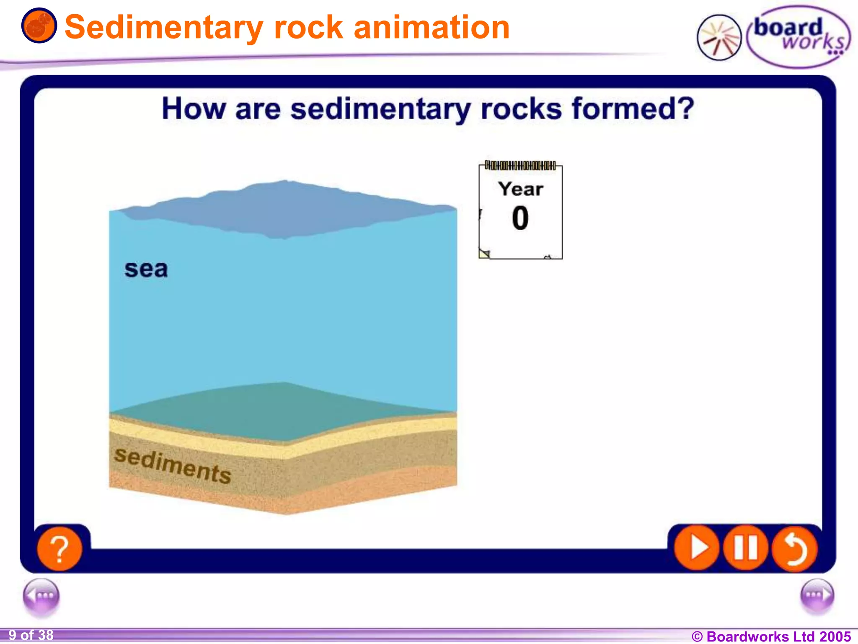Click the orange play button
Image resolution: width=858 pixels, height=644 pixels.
point(697,548)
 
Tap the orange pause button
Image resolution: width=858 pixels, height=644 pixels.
point(746,548)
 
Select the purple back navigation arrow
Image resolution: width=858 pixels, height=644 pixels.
point(41,596)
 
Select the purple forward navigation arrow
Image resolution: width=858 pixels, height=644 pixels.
point(817,596)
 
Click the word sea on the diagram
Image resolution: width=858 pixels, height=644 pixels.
point(146,269)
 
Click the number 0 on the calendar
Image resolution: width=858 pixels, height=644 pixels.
point(520,218)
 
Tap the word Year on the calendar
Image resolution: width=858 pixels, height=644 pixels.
point(521,189)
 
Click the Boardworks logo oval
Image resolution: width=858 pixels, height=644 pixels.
point(798,37)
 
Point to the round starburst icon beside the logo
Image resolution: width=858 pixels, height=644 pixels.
point(719,38)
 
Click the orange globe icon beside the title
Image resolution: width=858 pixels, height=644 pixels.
point(39,26)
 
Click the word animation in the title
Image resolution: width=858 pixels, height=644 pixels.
point(432,27)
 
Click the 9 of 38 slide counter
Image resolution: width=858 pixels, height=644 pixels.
point(31,635)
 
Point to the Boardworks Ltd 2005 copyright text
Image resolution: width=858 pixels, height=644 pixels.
point(771,636)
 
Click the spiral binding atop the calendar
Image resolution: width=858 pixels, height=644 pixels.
point(520,165)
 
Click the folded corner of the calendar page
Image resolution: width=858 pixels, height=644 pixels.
point(484,254)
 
